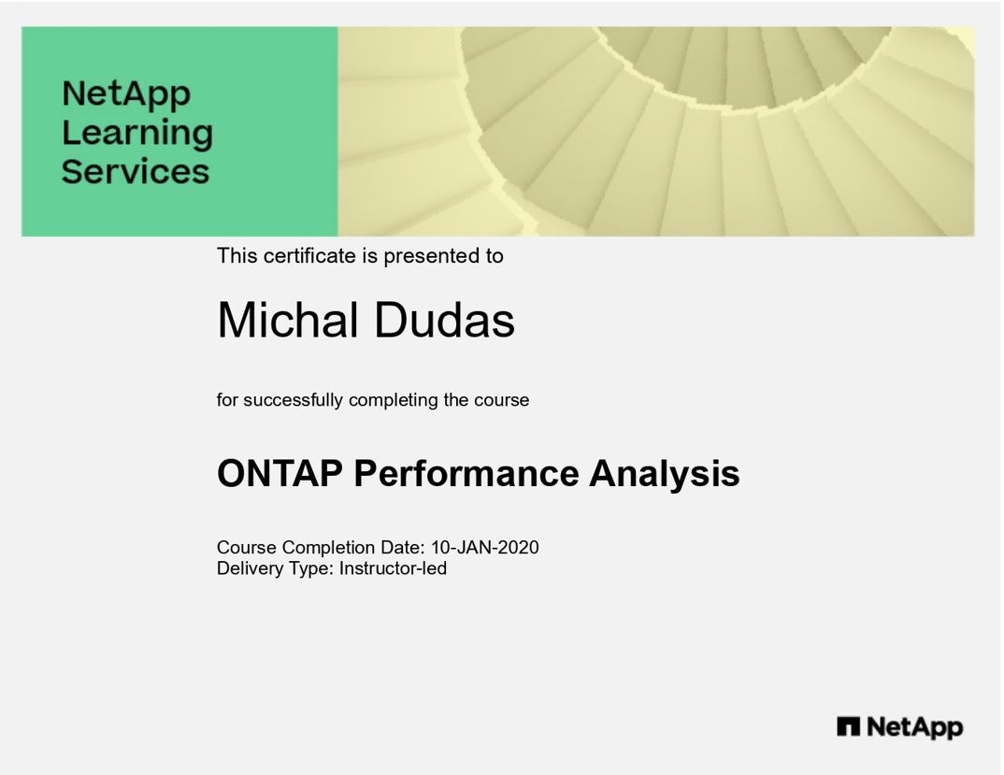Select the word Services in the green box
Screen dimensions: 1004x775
click(x=136, y=171)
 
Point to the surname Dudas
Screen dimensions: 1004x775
click(x=444, y=320)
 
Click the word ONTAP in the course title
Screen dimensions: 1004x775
click(x=280, y=473)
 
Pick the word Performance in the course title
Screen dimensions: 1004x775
click(x=466, y=473)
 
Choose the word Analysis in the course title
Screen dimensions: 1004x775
click(x=665, y=475)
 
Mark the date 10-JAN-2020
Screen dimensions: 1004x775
click(x=485, y=548)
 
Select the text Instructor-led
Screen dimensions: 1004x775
click(x=394, y=568)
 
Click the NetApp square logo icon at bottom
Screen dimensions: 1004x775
click(x=849, y=727)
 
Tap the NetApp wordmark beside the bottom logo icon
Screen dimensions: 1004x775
click(x=915, y=727)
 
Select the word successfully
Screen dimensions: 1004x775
click(x=294, y=400)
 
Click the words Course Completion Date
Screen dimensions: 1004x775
click(x=321, y=548)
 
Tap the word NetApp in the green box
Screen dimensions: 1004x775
click(x=126, y=94)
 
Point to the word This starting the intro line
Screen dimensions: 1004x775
click(x=237, y=255)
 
